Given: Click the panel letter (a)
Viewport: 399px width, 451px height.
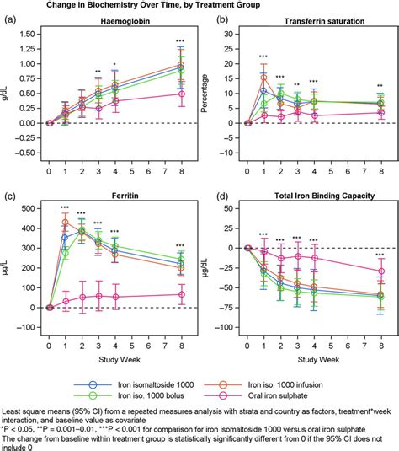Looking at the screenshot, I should coord(10,19).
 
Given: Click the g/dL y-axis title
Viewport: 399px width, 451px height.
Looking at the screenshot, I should coord(7,81).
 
